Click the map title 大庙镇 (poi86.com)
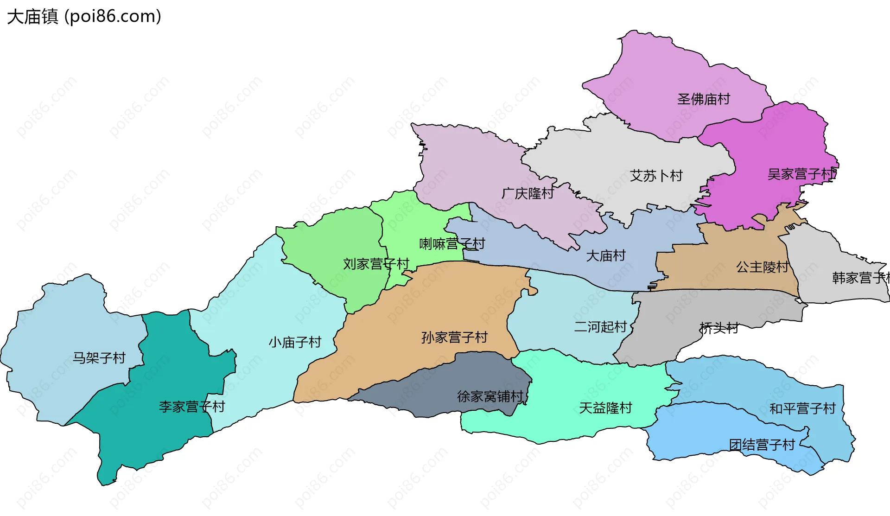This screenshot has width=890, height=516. [x=84, y=17]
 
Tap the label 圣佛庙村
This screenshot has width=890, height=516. [x=703, y=99]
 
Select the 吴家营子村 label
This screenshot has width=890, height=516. [x=801, y=174]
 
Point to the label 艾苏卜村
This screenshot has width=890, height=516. [x=656, y=176]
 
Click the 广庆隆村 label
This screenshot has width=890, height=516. [x=528, y=193]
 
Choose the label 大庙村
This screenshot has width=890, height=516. [x=605, y=256]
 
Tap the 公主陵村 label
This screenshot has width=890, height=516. [x=762, y=267]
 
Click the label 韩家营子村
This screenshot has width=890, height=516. [x=860, y=278]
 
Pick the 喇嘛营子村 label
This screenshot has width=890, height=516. [x=452, y=244]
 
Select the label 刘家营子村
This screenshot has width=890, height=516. [x=376, y=264]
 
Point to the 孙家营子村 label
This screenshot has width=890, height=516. [x=454, y=338]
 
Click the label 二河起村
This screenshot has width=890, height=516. [x=600, y=327]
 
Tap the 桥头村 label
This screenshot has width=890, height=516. [x=719, y=328]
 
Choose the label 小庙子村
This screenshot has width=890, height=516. [x=295, y=343]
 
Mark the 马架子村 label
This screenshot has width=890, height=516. [x=99, y=358]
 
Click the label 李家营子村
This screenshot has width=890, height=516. [x=192, y=407]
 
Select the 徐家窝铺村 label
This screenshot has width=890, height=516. [x=490, y=397]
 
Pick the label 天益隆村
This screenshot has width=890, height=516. [x=605, y=408]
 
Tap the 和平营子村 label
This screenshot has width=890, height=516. [x=802, y=409]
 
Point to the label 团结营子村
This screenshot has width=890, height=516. [x=762, y=445]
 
